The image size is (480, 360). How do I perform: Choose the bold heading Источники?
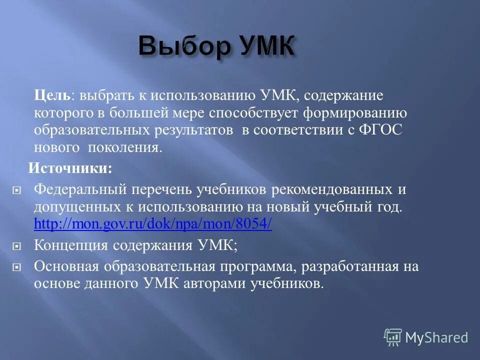pyautogui.click(x=70, y=168)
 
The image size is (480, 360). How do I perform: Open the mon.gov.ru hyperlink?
pyautogui.click(x=152, y=224)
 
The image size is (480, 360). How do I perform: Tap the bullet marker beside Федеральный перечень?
pyautogui.click(x=16, y=190)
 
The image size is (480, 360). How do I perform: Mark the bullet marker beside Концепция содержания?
pyautogui.click(x=16, y=246)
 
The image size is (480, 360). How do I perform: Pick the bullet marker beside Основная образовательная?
pyautogui.click(x=16, y=267)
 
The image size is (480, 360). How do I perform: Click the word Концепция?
pyautogui.click(x=70, y=245)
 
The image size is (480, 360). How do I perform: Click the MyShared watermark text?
pyautogui.click(x=436, y=337)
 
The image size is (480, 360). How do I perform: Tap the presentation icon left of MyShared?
pyautogui.click(x=393, y=337)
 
